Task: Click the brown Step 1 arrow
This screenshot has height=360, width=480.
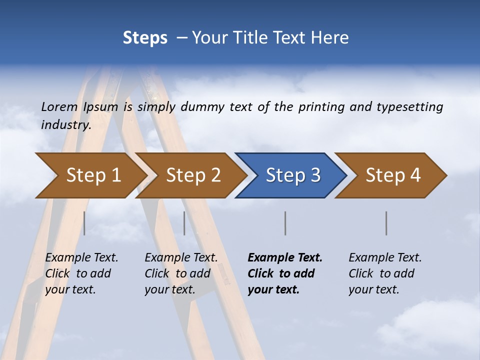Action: pos(92,175)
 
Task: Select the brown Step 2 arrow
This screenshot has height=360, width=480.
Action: pos(192,175)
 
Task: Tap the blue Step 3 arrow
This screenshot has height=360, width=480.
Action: pos(292,175)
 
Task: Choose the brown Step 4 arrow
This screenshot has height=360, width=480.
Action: pos(392,175)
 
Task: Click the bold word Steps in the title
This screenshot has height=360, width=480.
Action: pos(145,38)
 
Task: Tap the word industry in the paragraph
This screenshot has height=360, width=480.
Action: pos(66,124)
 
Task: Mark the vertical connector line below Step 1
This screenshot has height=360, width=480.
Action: pos(84,223)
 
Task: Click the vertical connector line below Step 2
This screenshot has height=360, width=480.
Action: pos(184,223)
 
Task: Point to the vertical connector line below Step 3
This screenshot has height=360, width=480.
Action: pos(285,223)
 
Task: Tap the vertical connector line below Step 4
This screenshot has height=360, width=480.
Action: pos(386,223)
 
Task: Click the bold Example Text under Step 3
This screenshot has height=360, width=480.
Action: pos(285,257)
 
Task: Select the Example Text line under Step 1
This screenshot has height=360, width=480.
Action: pos(81,257)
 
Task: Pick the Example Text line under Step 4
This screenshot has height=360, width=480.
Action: pos(385,257)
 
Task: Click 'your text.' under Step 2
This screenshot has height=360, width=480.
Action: pos(169,289)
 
